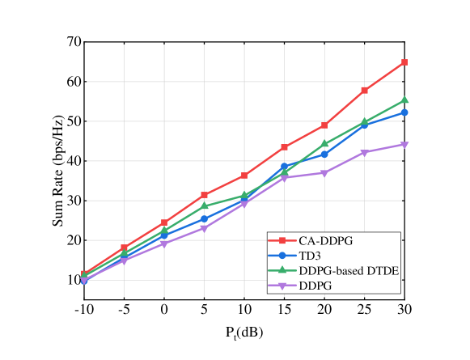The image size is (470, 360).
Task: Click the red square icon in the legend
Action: pyautogui.click(x=282, y=241)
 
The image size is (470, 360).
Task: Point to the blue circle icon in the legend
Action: pyautogui.click(x=282, y=256)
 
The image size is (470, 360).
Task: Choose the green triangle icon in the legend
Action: pyautogui.click(x=282, y=270)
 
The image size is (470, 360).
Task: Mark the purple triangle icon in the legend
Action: pyautogui.click(x=282, y=286)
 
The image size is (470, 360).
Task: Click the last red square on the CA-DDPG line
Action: pyautogui.click(x=404, y=62)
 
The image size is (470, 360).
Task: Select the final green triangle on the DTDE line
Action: pyautogui.click(x=404, y=100)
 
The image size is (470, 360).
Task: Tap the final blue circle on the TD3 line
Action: pyautogui.click(x=404, y=112)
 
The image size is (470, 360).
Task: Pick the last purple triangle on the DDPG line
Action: pyautogui.click(x=404, y=145)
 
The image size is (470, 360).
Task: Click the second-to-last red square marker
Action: pyautogui.click(x=365, y=90)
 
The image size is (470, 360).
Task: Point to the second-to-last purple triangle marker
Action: pyautogui.click(x=365, y=153)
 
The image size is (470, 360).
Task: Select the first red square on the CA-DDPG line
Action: pyautogui.click(x=84, y=274)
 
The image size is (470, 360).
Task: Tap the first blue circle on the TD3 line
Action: pyautogui.click(x=84, y=281)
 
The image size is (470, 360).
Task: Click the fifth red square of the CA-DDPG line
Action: pyautogui.click(x=244, y=176)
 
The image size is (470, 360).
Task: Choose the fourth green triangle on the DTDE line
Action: pyautogui.click(x=205, y=206)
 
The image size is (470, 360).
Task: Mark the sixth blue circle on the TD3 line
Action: pyautogui.click(x=285, y=167)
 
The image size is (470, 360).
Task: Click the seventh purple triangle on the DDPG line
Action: pyautogui.click(x=324, y=173)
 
